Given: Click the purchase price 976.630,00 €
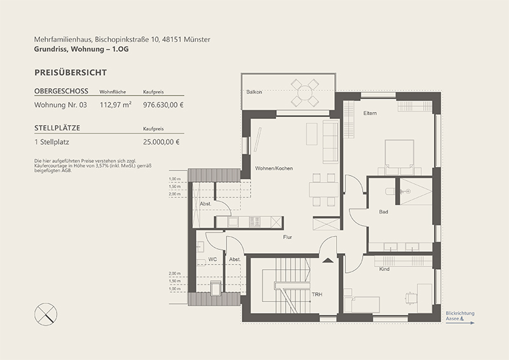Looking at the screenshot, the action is [164, 105].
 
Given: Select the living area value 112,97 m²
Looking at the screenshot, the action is [116, 104].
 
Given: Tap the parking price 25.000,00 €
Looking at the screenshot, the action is [162, 142].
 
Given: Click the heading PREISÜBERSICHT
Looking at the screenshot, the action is [71, 73].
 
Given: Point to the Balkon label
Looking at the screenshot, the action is [254, 92].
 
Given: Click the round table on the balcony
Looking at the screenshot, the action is [305, 92].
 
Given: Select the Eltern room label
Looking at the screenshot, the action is [370, 113].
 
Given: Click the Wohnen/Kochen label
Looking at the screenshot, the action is [274, 168].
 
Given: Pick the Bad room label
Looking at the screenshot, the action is [384, 212].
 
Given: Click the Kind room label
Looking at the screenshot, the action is [384, 269].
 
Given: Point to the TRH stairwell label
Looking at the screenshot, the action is [317, 294].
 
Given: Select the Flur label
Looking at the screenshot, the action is [288, 237].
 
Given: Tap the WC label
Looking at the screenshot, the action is [213, 260].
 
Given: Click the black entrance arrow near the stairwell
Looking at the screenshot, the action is [328, 260].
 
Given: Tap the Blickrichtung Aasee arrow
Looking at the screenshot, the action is [460, 322].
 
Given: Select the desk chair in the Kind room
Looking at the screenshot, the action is [410, 297].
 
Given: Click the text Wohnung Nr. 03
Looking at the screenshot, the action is [60, 105].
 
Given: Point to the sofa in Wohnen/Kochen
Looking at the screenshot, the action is [331, 142].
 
